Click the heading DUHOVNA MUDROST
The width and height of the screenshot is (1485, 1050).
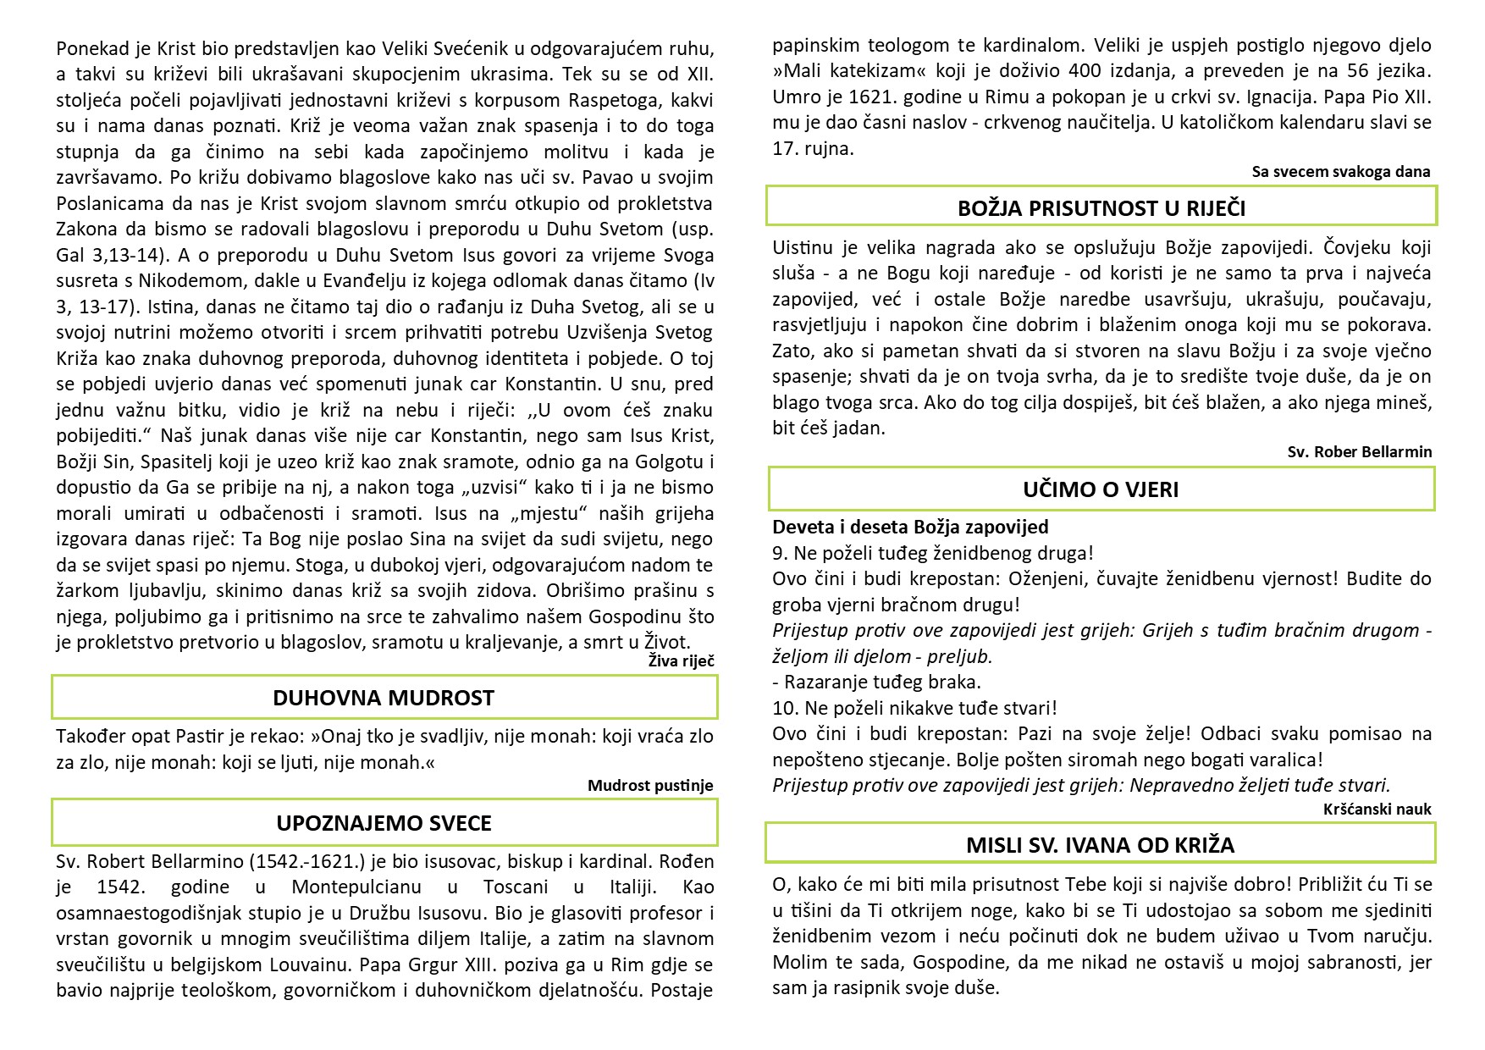click(384, 698)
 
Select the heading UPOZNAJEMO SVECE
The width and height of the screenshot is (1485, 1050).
click(384, 823)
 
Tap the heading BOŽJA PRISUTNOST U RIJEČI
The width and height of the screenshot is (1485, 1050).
click(1101, 208)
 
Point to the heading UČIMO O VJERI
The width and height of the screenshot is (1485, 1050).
click(1101, 489)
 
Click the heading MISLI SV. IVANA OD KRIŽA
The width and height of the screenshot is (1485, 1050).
click(1100, 845)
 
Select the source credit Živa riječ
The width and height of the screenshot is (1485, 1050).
click(681, 661)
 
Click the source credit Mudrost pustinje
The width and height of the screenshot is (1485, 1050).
click(650, 786)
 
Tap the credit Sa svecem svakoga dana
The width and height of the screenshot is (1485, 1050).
click(1341, 172)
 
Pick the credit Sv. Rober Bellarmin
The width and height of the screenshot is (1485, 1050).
click(1360, 452)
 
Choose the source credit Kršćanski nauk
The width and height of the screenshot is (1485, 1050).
click(1377, 810)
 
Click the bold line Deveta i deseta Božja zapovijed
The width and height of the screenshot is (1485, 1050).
click(910, 527)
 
